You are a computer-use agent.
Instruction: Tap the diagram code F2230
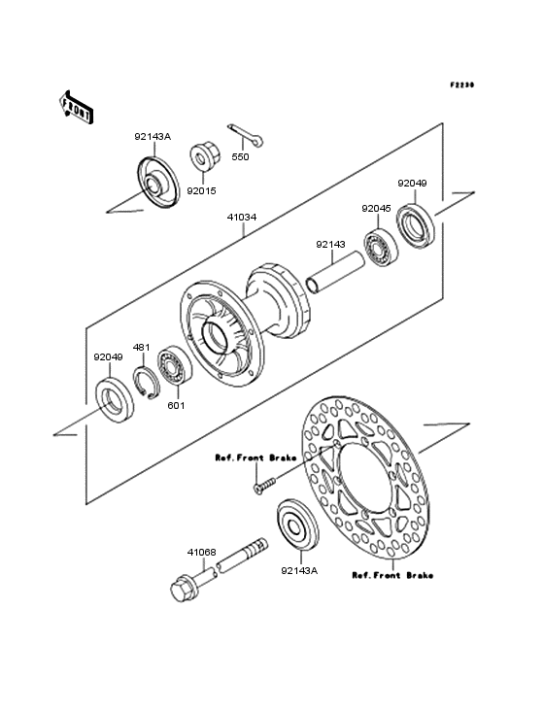(x=461, y=85)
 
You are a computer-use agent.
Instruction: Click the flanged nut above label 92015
(x=205, y=154)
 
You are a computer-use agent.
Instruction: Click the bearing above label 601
(x=178, y=368)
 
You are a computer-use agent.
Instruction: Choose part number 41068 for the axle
(x=201, y=553)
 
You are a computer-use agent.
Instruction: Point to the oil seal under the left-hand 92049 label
(x=108, y=399)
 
